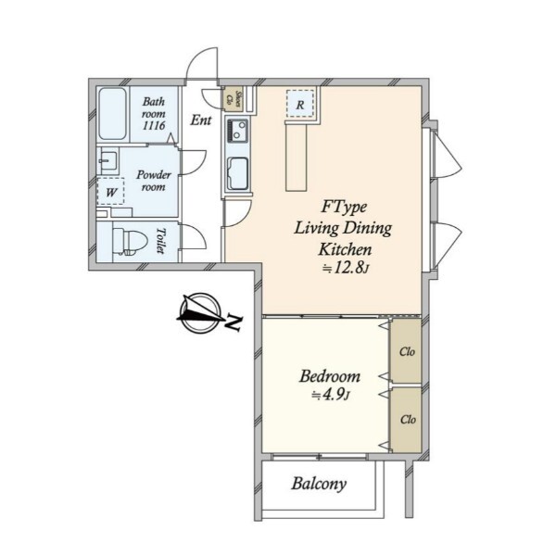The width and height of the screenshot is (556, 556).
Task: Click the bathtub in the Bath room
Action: pos(112,114)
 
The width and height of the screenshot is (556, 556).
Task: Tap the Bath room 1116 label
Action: pos(154,113)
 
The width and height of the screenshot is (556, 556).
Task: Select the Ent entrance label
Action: pos(201,120)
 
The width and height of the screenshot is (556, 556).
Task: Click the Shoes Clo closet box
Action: pos(234,99)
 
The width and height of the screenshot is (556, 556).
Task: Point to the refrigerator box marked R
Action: pos(300,104)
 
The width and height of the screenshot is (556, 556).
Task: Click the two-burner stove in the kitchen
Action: pos(237,130)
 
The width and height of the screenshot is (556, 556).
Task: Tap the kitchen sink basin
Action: pos(237,174)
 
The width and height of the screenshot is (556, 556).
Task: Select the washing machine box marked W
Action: pos(110,192)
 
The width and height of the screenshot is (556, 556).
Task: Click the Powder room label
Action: pos(154,181)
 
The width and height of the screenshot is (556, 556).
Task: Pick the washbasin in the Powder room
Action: pos(108,161)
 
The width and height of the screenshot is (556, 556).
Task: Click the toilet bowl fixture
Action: pos(130,241)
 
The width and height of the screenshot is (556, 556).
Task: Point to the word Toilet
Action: pos(161,241)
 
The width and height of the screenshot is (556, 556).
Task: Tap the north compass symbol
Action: pos(200,313)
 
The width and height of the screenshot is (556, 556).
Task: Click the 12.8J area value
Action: pos(346,269)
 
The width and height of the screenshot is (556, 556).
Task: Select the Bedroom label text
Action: pos(329,376)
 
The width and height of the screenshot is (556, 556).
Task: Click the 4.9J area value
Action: pos(331,395)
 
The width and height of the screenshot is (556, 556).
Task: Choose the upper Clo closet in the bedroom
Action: pos(405,350)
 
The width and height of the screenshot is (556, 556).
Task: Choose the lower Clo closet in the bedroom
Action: pos(406,420)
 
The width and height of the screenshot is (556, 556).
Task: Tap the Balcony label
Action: pos(319,484)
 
